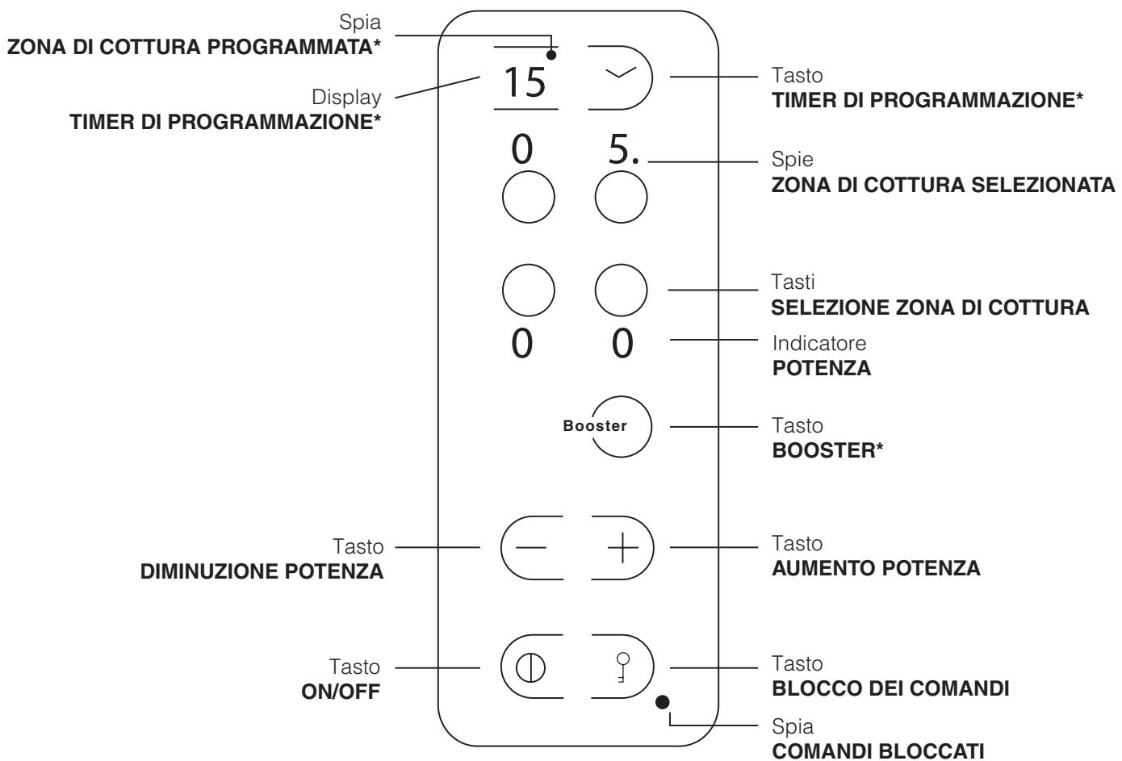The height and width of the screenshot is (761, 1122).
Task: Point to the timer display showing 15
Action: pyautogui.click(x=525, y=83)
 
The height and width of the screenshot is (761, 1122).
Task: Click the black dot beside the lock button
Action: pyautogui.click(x=662, y=701)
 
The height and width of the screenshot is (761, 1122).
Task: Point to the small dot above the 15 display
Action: pyautogui.click(x=553, y=56)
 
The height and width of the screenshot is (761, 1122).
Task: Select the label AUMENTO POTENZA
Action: pyautogui.click(x=876, y=568)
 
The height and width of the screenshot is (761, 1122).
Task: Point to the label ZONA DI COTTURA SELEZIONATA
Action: pyautogui.click(x=944, y=186)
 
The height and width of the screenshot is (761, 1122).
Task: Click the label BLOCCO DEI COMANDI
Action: pyautogui.click(x=890, y=690)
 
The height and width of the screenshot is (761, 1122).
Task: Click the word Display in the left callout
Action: pyautogui.click(x=348, y=97)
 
